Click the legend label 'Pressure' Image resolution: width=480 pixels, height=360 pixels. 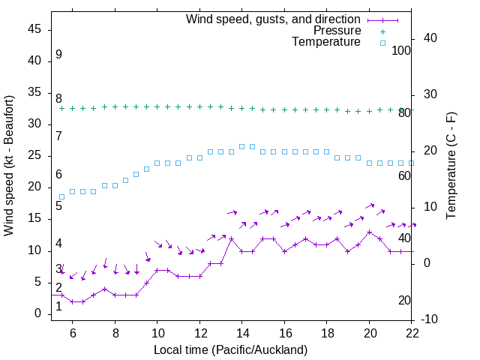(x=337, y=31)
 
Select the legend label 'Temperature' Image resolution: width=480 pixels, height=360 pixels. (x=326, y=42)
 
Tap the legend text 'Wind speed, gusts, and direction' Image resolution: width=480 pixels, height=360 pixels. (x=274, y=19)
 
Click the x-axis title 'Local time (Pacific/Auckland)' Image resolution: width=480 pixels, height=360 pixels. (x=230, y=349)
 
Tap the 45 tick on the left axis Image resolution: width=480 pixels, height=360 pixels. (x=34, y=29)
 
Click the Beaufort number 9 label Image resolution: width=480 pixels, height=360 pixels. (x=58, y=55)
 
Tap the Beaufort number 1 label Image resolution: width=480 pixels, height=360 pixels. (x=58, y=306)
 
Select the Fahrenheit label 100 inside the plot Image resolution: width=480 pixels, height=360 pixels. (x=401, y=50)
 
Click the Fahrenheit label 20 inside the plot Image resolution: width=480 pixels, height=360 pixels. (x=404, y=301)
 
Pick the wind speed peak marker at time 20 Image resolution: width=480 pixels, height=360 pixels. (x=370, y=232)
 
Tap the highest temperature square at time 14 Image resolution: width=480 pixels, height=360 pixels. (x=242, y=146)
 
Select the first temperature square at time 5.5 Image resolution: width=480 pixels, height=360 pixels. (x=62, y=196)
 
